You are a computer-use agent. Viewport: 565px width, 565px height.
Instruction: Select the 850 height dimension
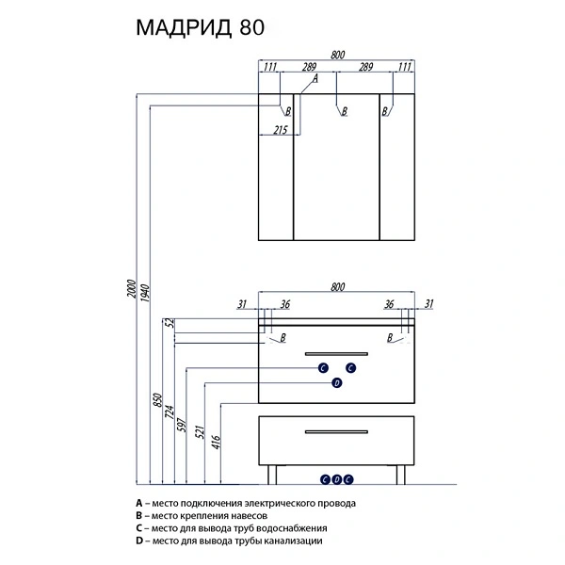pos(158,398)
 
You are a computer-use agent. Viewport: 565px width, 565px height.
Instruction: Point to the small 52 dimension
pos(170,324)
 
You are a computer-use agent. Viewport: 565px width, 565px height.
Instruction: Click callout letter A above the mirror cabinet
pos(315,80)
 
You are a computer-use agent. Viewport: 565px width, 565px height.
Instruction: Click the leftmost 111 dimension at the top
pos(270,67)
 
